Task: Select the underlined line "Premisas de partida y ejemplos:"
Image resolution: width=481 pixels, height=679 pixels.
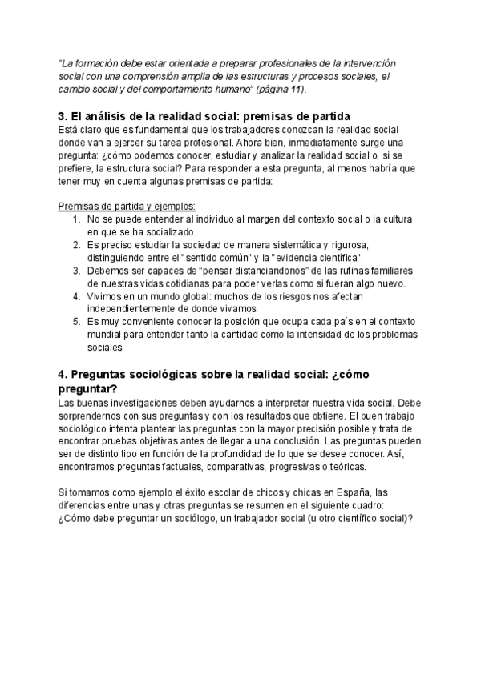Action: click(x=122, y=205)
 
